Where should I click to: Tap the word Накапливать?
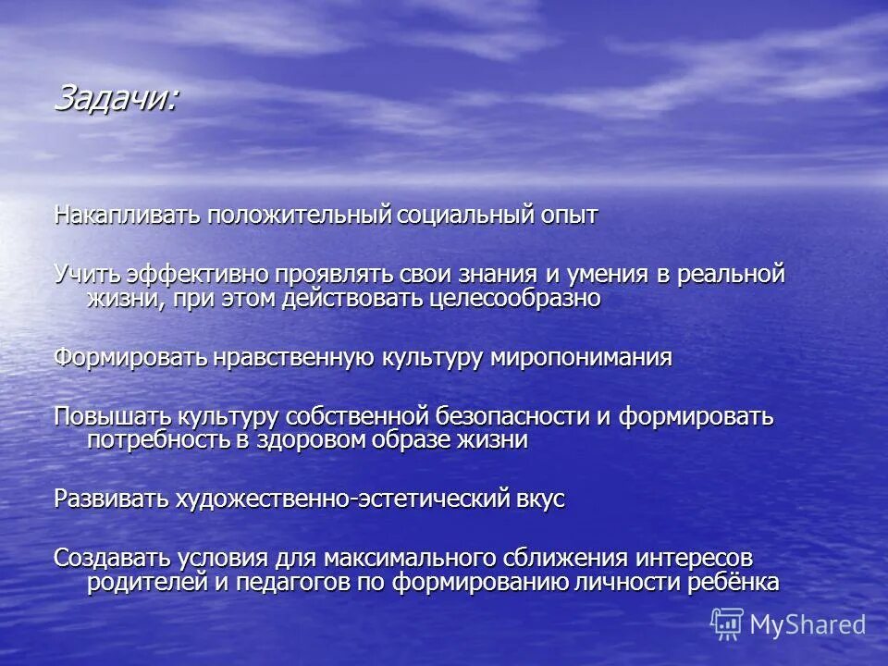click(x=127, y=216)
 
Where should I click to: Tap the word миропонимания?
click(x=580, y=358)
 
